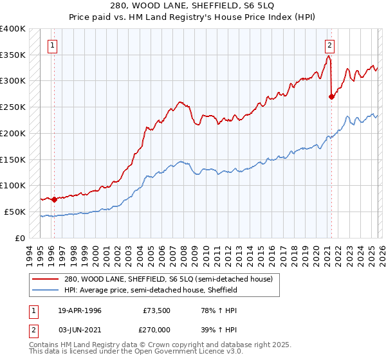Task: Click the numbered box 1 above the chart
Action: (x=52, y=45)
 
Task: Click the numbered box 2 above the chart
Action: (x=329, y=45)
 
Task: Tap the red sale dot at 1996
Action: (x=54, y=199)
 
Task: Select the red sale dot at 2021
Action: (x=331, y=97)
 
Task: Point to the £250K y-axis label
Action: (x=13, y=107)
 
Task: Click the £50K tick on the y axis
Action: (x=15, y=212)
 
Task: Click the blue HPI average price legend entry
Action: (x=151, y=290)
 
